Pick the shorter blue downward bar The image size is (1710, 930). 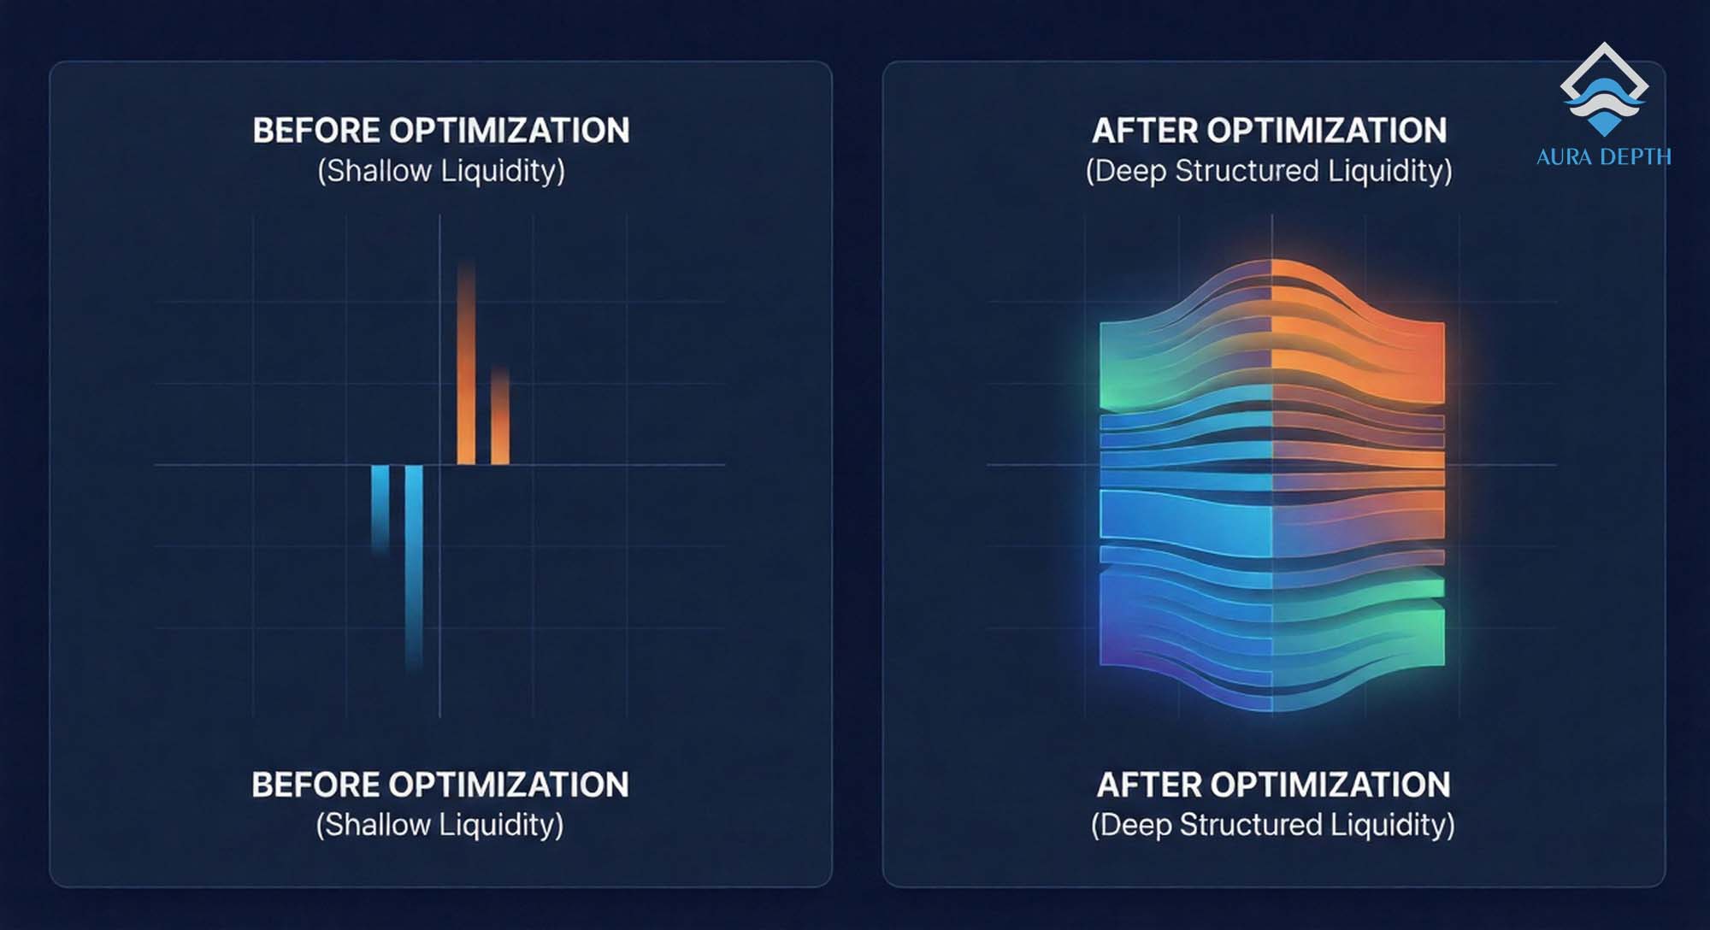pos(380,504)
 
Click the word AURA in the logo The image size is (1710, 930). pos(1564,157)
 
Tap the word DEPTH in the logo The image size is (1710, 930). pos(1631,157)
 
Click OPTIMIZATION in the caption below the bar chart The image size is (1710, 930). pos(509,785)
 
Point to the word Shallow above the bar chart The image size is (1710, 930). pos(378,171)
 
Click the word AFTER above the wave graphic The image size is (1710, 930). pos(1145,131)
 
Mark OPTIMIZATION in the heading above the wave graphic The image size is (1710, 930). pos(1327,131)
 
